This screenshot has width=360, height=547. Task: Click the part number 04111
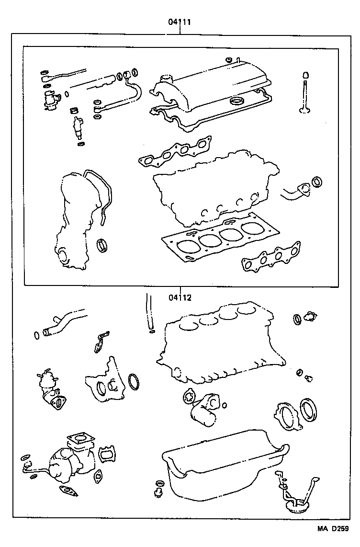click(x=180, y=23)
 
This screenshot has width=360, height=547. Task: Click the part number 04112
click(x=180, y=297)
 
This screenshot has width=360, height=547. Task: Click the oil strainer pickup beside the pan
click(x=294, y=498)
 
